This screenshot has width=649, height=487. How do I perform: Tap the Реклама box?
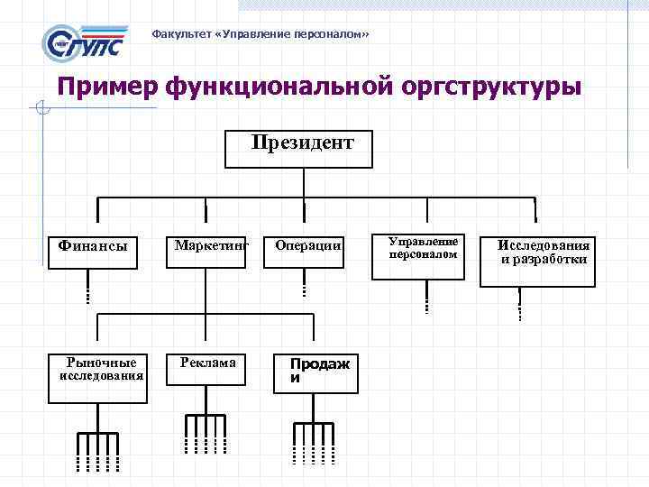(208, 370)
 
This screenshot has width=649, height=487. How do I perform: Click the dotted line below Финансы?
(87, 290)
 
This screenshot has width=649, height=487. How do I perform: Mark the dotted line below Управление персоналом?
(425, 298)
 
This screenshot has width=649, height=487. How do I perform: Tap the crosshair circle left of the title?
(39, 110)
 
